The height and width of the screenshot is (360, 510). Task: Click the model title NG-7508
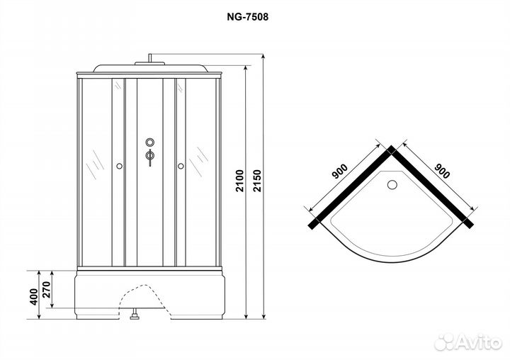tap(248, 17)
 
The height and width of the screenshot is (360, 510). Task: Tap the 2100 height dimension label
tap(239, 180)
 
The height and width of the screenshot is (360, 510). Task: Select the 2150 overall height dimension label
tap(257, 180)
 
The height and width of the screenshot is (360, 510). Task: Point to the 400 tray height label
tap(34, 296)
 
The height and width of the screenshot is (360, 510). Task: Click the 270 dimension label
tap(47, 290)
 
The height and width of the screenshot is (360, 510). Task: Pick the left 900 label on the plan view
tap(340, 171)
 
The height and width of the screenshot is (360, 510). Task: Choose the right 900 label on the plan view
tap(442, 171)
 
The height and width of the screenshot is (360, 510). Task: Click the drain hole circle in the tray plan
tap(392, 184)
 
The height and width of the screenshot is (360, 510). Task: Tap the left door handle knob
tap(119, 166)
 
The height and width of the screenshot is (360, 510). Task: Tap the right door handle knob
tap(181, 166)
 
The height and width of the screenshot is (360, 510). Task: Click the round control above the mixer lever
tap(150, 142)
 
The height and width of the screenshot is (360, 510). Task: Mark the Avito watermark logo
tap(468, 342)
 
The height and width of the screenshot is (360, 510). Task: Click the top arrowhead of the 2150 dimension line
tap(263, 57)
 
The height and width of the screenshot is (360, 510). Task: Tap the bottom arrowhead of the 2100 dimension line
tap(246, 316)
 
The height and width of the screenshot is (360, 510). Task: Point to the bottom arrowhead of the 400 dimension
tap(39, 316)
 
